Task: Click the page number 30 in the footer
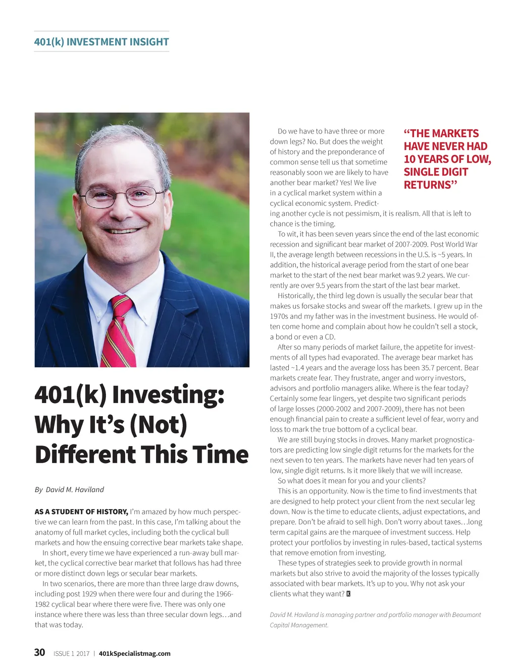coord(39,652)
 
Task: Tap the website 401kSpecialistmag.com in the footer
coord(135,653)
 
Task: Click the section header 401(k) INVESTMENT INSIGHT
coord(101,42)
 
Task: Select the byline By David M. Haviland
coord(69,489)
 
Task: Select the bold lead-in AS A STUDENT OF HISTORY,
coord(81,512)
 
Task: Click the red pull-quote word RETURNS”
coord(430,185)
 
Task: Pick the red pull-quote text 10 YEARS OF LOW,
coord(447,159)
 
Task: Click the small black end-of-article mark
coord(348,594)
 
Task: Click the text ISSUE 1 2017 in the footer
coord(71,653)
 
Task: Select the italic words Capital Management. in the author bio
coord(299,625)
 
